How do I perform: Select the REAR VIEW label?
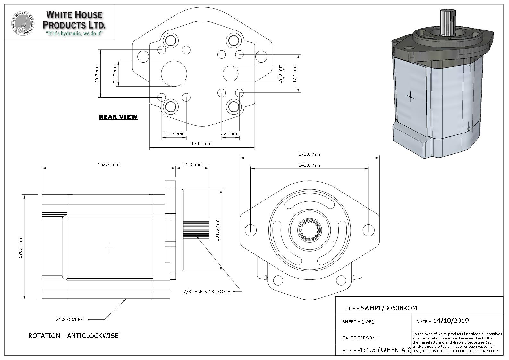pos(118,117)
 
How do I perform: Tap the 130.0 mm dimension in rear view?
pos(202,144)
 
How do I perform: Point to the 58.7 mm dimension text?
pos(97,73)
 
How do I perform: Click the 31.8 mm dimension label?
pos(115,73)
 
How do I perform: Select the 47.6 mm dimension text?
pos(294,73)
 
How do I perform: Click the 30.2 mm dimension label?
pos(174,134)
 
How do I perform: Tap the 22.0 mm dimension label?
pos(230,134)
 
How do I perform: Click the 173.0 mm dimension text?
pos(309,154)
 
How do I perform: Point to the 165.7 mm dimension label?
pos(108,165)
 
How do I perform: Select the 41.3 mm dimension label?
pos(192,165)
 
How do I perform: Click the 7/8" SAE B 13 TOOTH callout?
pos(207,292)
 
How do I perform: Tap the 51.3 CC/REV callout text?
pos(70,320)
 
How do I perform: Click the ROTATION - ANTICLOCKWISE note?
pos(73,336)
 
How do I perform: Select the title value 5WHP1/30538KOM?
pos(389,308)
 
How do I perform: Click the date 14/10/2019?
pos(451,321)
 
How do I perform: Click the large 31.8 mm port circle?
pos(174,74)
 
